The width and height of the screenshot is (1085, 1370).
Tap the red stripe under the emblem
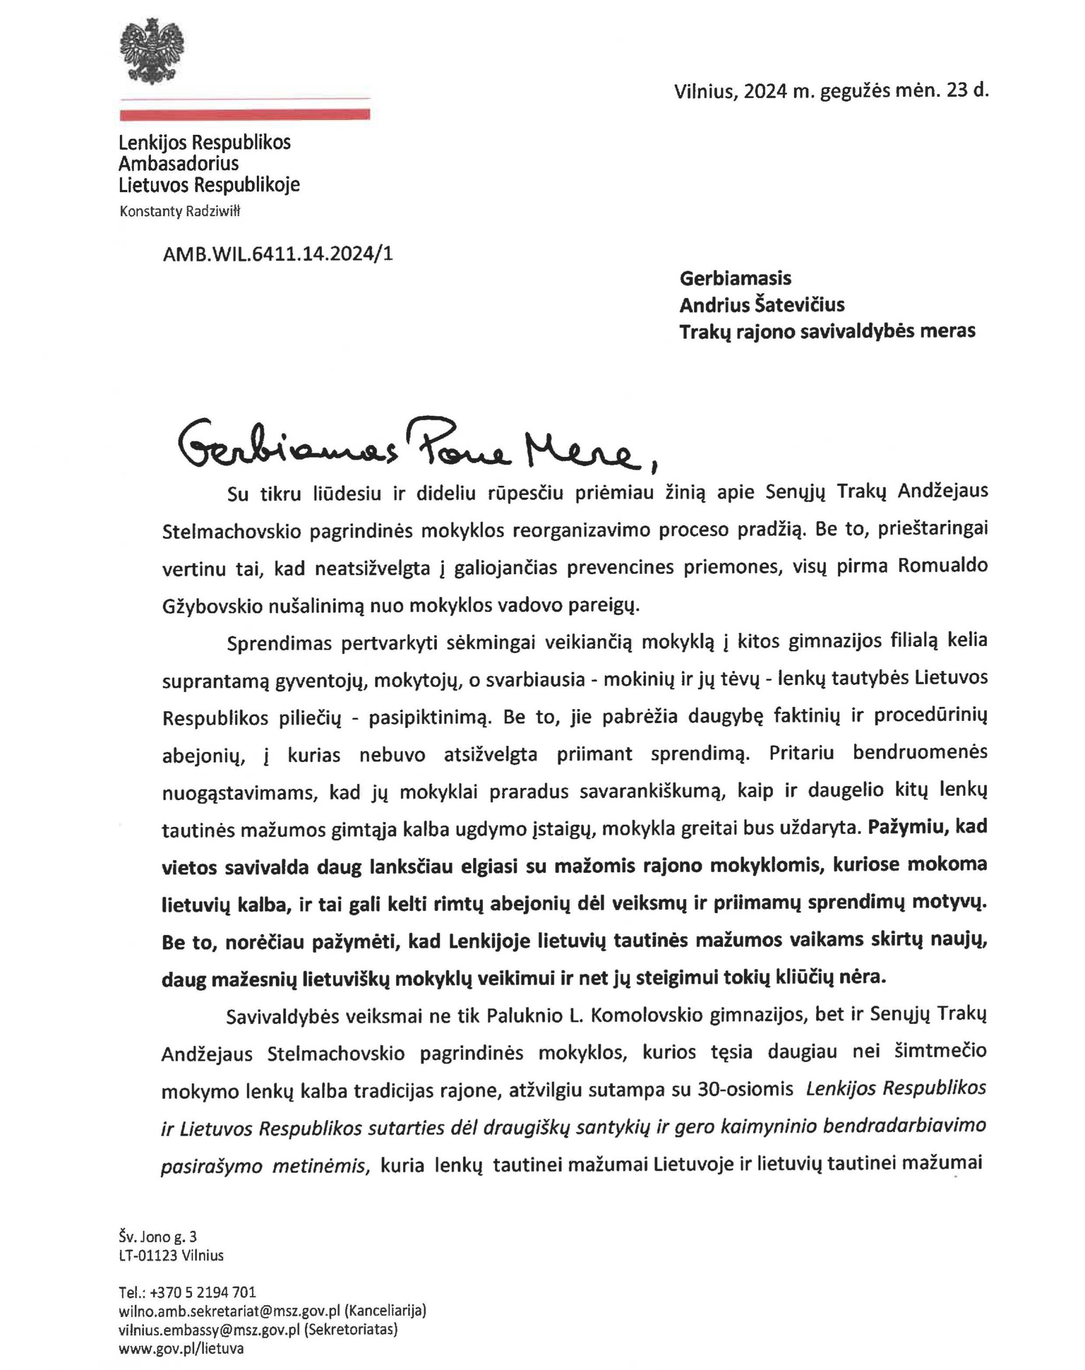click(244, 115)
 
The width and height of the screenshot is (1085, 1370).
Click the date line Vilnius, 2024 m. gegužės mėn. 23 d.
click(831, 91)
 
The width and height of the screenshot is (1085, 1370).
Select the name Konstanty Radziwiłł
click(180, 211)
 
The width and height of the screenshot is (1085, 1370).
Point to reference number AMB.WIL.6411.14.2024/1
click(278, 254)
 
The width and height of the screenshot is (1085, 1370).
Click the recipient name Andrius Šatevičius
click(762, 305)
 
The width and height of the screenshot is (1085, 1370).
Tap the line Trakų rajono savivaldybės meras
click(827, 331)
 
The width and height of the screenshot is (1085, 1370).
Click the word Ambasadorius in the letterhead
click(179, 163)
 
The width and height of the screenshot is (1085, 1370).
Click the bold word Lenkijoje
click(489, 941)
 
